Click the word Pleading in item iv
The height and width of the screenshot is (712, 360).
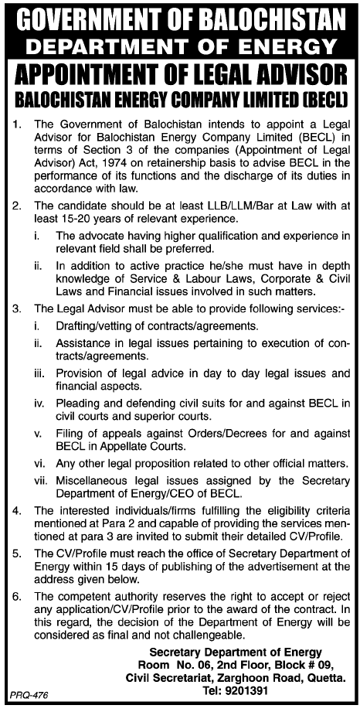click(x=80, y=402)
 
